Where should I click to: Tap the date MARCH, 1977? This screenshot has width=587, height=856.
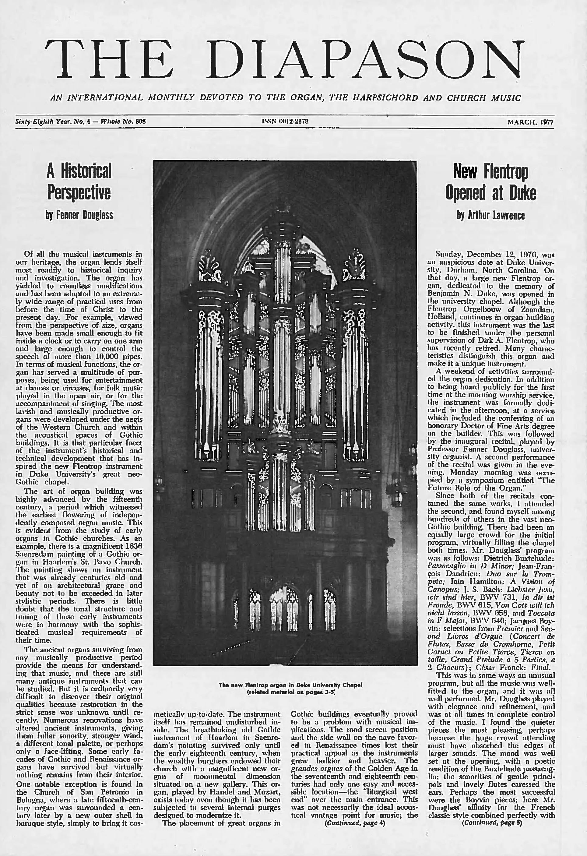pos(530,122)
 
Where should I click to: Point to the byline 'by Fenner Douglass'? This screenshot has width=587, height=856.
pos(79,215)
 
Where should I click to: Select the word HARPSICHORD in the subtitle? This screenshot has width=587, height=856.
pos(385,98)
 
